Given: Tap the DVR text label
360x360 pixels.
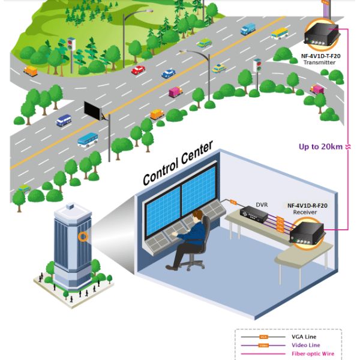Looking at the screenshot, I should click(262, 205).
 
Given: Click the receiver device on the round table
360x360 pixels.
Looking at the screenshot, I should click(307, 230).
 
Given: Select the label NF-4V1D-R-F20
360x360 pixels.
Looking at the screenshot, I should click(308, 205).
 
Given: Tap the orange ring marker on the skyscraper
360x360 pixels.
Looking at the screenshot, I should click(84, 237).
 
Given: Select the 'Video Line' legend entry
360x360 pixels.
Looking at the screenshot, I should click(304, 345).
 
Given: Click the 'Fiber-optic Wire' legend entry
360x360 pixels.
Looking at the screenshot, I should click(311, 354).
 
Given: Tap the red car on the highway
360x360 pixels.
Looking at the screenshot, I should click(138, 70).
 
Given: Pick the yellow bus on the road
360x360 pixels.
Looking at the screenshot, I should click(280, 34).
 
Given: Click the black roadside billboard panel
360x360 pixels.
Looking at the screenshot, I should click(93, 110).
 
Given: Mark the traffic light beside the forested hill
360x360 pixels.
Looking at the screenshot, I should click(70, 45).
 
